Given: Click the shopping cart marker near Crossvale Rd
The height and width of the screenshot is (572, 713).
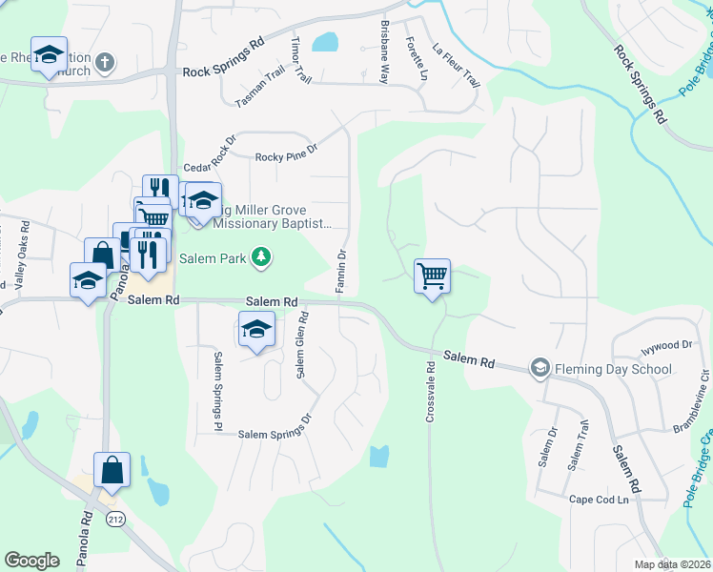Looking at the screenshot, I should [x=432, y=276].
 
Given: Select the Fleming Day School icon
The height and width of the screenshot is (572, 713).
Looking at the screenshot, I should [x=540, y=368].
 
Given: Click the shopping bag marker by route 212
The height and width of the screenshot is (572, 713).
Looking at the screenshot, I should [x=112, y=470].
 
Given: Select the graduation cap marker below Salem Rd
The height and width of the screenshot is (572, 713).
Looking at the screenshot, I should [x=255, y=329].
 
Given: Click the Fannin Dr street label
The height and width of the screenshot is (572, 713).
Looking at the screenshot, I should [x=340, y=271].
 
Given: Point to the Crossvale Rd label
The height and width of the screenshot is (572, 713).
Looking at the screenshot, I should [x=431, y=380].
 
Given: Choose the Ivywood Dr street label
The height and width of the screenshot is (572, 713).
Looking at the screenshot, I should [x=665, y=344].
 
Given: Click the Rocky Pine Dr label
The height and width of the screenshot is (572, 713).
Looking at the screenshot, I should [x=285, y=155].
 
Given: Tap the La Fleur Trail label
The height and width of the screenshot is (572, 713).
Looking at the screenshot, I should [x=456, y=64].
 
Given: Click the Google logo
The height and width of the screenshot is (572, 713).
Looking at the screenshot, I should [x=31, y=560].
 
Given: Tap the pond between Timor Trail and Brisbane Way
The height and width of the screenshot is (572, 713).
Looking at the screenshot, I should [x=325, y=42].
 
